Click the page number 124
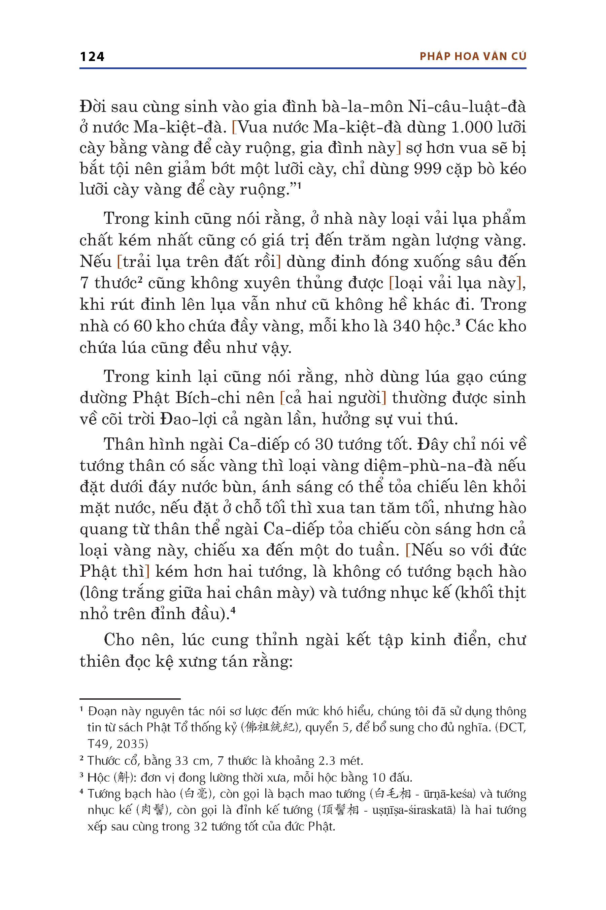click(92, 57)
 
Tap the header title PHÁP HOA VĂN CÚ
click(473, 57)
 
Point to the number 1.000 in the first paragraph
click(470, 128)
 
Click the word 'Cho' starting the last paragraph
click(119, 640)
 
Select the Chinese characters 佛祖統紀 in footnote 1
click(270, 727)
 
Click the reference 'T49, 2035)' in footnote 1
click(118, 744)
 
